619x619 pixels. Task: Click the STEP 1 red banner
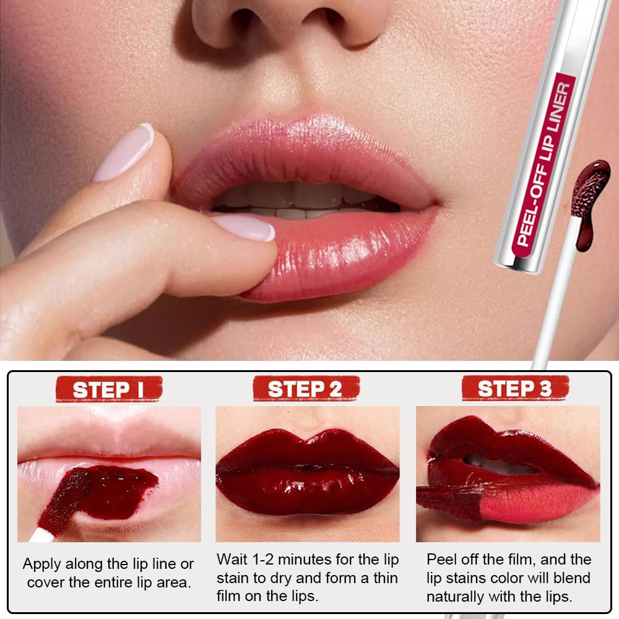[x=109, y=389]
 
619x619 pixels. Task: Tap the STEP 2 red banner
[x=305, y=389]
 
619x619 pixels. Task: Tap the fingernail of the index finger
[x=124, y=152]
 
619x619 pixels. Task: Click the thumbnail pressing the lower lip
[x=244, y=227]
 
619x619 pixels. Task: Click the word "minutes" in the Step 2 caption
[x=316, y=560]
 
